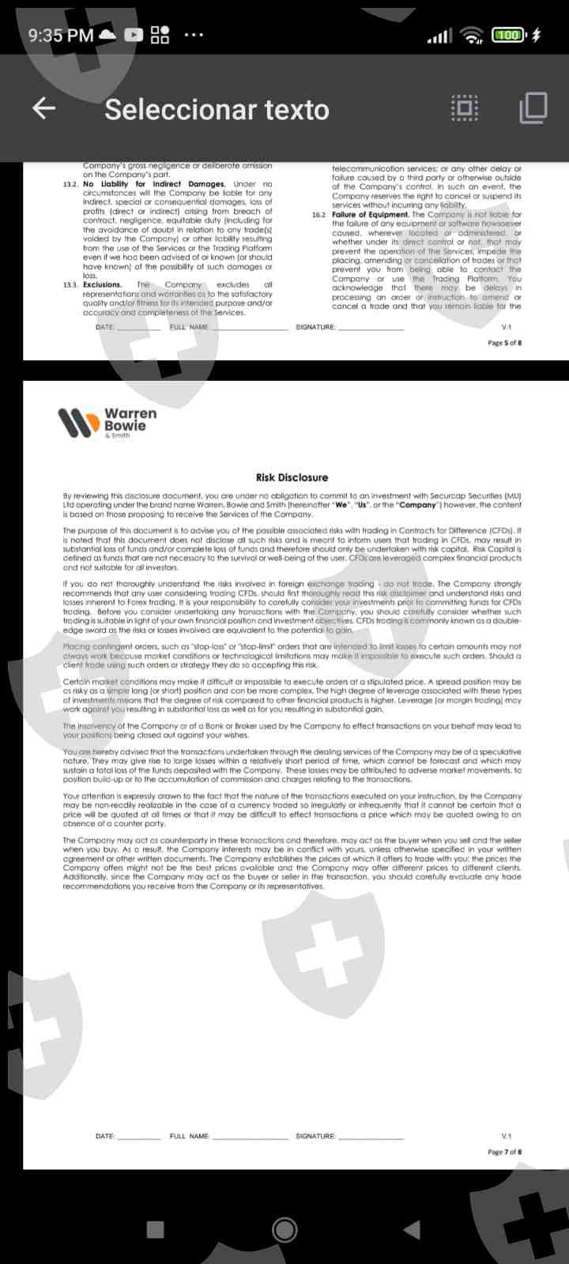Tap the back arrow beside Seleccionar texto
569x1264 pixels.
[x=43, y=108]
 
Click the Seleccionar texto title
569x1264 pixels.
[x=217, y=110]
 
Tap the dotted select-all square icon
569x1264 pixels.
[x=465, y=108]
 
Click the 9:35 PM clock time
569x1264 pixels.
[x=60, y=35]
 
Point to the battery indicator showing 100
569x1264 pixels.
[x=510, y=35]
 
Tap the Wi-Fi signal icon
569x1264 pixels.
[x=473, y=35]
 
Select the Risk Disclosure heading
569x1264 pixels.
[x=292, y=477]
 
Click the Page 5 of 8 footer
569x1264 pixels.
[x=504, y=343]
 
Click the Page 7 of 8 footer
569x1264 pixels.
[x=504, y=1152]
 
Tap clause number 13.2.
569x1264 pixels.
[x=70, y=184]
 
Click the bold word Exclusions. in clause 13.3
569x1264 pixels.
[x=102, y=285]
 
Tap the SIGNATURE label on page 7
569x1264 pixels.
[x=315, y=1136]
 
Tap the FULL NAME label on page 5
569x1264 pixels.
[x=189, y=327]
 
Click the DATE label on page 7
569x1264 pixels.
[x=104, y=1136]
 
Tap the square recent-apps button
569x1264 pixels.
[x=156, y=1229]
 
